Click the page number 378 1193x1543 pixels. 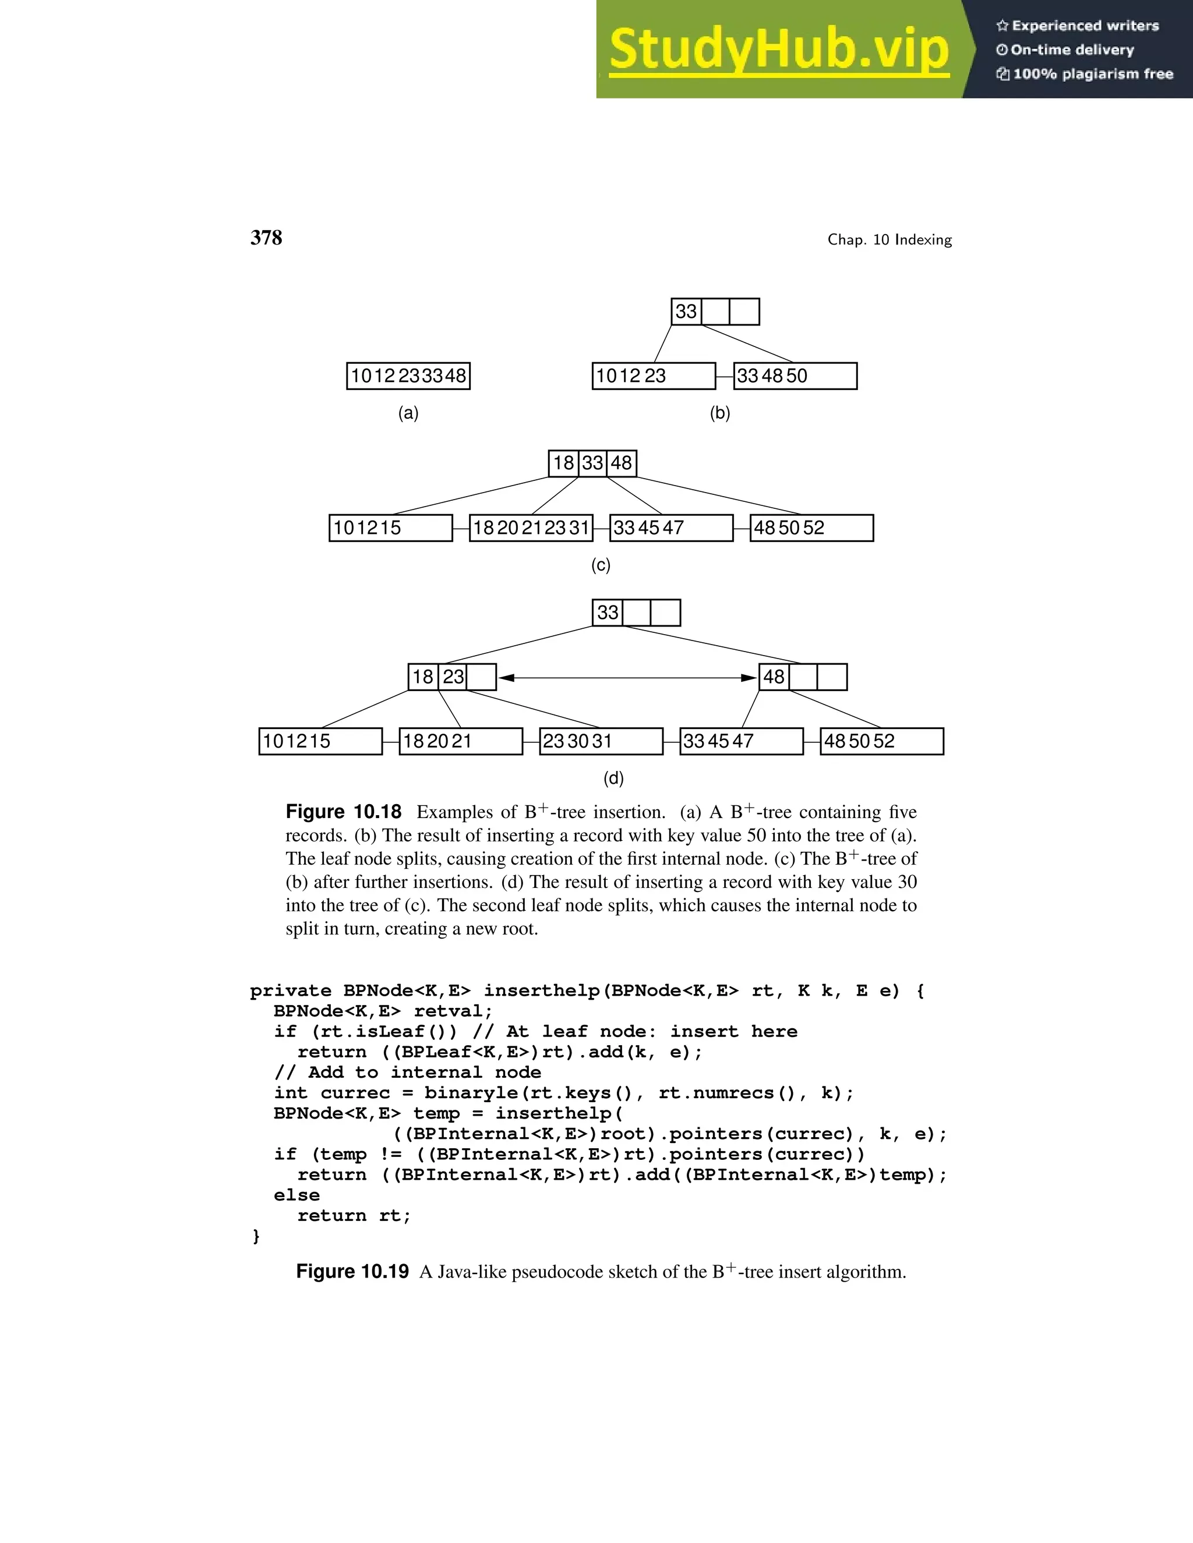coord(266,238)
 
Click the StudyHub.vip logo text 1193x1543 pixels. coord(778,49)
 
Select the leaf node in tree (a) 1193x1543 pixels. coord(408,376)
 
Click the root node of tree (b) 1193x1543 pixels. coord(715,312)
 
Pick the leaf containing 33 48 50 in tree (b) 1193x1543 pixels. coord(795,376)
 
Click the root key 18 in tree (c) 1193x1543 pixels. coord(563,463)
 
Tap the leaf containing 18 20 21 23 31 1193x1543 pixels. coord(531,528)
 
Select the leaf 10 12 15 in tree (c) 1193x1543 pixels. coord(390,528)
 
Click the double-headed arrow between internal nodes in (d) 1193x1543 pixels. coord(627,678)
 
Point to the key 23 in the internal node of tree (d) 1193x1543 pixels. coord(453,677)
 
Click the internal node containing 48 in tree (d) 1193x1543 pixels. coord(802,677)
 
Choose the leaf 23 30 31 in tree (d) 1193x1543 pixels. coord(601,741)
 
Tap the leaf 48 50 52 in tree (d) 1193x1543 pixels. coord(881,741)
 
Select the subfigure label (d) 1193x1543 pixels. coord(613,778)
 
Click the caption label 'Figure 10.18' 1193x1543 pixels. coord(344,812)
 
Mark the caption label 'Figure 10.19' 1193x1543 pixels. coord(352,1272)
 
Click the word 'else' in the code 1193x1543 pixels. coord(297,1195)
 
